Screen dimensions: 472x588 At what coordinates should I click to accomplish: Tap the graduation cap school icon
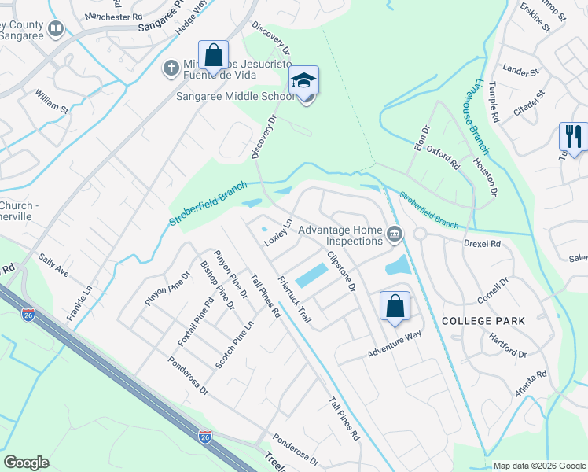point(303,81)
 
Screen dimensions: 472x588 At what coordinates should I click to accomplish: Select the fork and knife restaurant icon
point(572,137)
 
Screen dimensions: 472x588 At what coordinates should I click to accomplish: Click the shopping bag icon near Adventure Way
point(395,305)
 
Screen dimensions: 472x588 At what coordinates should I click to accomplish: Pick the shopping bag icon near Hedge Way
point(213,55)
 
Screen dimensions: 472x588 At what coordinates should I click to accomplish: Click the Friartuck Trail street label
point(296,299)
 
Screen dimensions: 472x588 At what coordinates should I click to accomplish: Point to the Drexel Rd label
point(482,244)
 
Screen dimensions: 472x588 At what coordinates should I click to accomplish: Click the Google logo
point(27,463)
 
